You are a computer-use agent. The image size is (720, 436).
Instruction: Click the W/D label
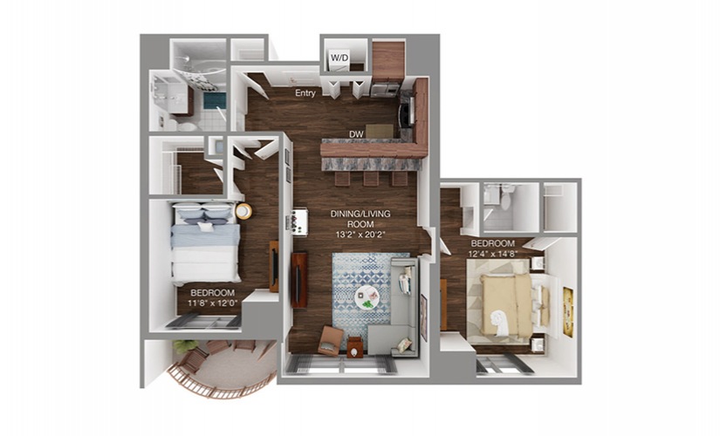(339, 58)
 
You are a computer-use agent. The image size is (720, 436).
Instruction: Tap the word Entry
(305, 93)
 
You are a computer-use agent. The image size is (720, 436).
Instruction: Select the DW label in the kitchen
(356, 134)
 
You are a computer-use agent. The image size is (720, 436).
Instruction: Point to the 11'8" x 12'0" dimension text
(212, 303)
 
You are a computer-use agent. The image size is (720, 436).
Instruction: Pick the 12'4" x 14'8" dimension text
(493, 254)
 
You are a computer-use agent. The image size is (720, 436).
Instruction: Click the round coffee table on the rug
(367, 299)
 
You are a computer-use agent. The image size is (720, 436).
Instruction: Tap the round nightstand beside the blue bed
(243, 211)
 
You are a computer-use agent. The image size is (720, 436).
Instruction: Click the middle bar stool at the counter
(371, 178)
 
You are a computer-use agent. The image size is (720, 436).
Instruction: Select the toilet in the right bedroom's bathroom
(506, 196)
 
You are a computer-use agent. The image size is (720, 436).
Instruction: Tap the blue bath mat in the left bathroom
(215, 100)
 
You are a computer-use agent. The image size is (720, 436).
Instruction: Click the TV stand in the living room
(299, 280)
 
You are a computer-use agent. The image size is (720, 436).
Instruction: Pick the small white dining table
(299, 222)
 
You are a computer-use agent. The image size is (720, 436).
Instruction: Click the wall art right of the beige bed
(568, 312)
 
